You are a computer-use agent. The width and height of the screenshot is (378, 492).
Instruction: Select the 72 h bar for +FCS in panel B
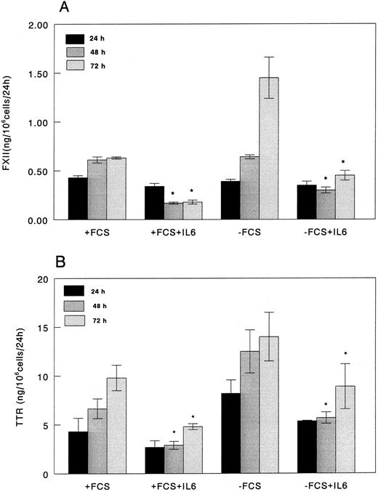coord(116,426)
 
